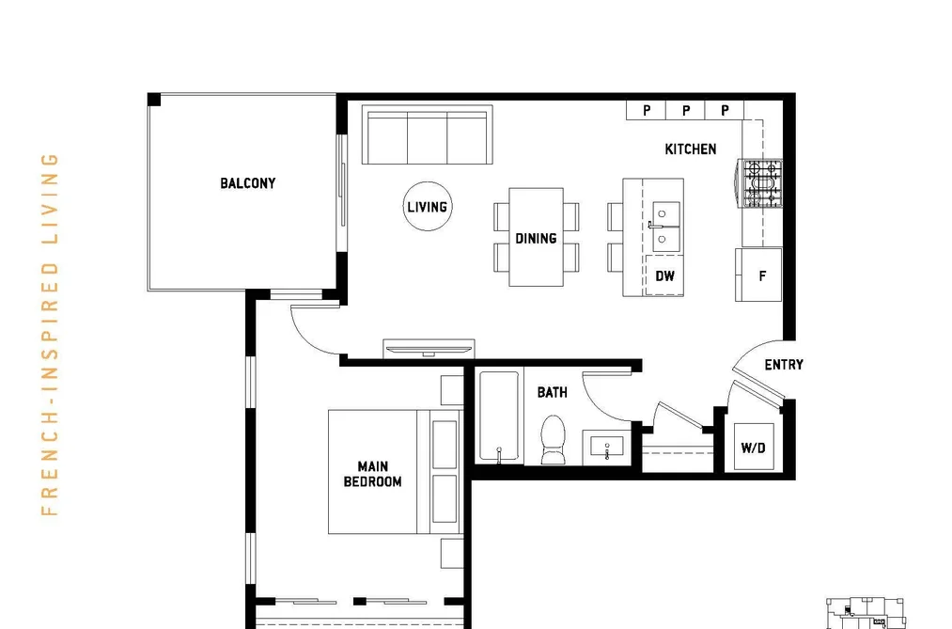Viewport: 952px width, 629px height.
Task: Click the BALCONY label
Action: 248,183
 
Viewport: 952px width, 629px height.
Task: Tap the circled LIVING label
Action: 428,207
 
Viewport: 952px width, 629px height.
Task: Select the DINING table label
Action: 536,239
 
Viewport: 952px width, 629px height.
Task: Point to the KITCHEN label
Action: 691,149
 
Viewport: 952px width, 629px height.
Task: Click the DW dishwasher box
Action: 664,275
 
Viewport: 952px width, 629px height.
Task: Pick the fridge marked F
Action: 759,275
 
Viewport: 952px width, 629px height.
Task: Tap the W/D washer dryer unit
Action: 754,448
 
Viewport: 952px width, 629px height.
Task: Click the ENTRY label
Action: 784,365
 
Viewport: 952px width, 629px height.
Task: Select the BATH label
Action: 553,393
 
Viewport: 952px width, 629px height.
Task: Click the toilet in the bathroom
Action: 553,440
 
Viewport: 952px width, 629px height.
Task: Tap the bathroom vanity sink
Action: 607,448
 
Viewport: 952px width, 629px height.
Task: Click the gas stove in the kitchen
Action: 760,183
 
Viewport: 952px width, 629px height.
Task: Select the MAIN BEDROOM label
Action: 373,474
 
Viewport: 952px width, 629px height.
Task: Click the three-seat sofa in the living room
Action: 427,134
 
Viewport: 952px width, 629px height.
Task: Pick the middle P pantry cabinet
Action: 685,111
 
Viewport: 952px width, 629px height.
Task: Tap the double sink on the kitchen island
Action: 665,227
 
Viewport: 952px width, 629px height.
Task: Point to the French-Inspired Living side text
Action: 50,335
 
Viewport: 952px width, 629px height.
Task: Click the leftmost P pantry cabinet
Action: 646,111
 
